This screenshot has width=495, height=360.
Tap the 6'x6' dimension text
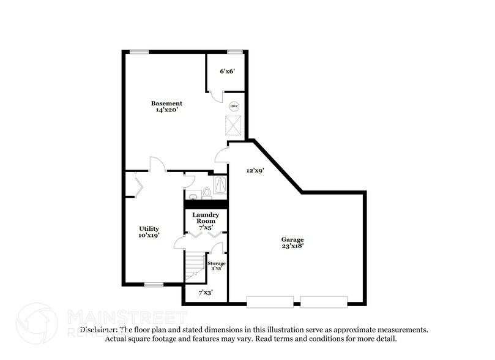click(227, 72)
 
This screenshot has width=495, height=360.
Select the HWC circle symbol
click(234, 105)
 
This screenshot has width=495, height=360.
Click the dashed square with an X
click(234, 125)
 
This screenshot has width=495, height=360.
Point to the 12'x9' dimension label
click(255, 171)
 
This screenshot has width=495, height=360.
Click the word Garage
click(292, 239)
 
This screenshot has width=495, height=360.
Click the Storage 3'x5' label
click(217, 266)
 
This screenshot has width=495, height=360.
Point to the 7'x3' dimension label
click(205, 293)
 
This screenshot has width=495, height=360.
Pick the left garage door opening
click(270, 301)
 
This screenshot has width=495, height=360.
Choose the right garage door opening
click(324, 301)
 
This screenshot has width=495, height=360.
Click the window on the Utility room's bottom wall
click(154, 284)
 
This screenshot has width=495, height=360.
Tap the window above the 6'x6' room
click(233, 51)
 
